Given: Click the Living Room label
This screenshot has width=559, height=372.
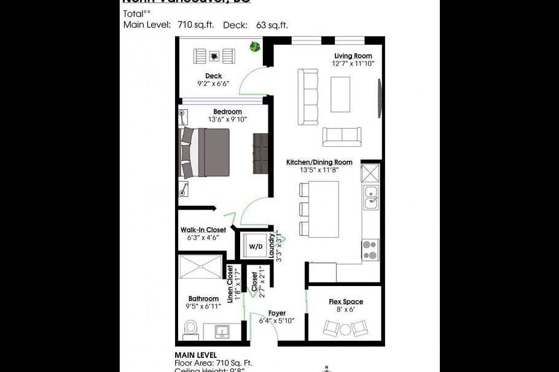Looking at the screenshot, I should [x=353, y=56].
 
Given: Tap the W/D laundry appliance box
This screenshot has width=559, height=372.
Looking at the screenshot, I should [x=255, y=246].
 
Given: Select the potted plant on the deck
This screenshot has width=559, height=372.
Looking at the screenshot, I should [x=254, y=47].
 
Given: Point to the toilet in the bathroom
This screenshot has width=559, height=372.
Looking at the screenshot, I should [x=190, y=329].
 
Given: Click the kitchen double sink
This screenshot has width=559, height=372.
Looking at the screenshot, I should [x=370, y=196].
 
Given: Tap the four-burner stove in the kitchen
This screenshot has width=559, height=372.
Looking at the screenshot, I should [x=370, y=249].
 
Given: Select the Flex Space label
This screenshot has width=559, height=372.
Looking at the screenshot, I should [x=346, y=301].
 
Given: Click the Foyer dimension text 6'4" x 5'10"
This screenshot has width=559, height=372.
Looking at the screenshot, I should [x=276, y=320].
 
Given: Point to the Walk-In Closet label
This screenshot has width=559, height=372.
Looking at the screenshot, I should [x=203, y=230].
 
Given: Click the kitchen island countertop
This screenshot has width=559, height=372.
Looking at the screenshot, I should [x=323, y=209].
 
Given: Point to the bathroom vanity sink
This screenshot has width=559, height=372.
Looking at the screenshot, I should [x=222, y=332].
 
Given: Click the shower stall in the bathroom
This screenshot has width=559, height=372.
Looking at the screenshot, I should [x=200, y=268].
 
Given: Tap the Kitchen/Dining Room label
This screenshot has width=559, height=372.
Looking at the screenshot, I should [x=319, y=162].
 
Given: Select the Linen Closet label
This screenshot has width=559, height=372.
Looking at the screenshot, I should [x=230, y=284].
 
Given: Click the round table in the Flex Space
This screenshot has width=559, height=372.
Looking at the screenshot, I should [x=345, y=330].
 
